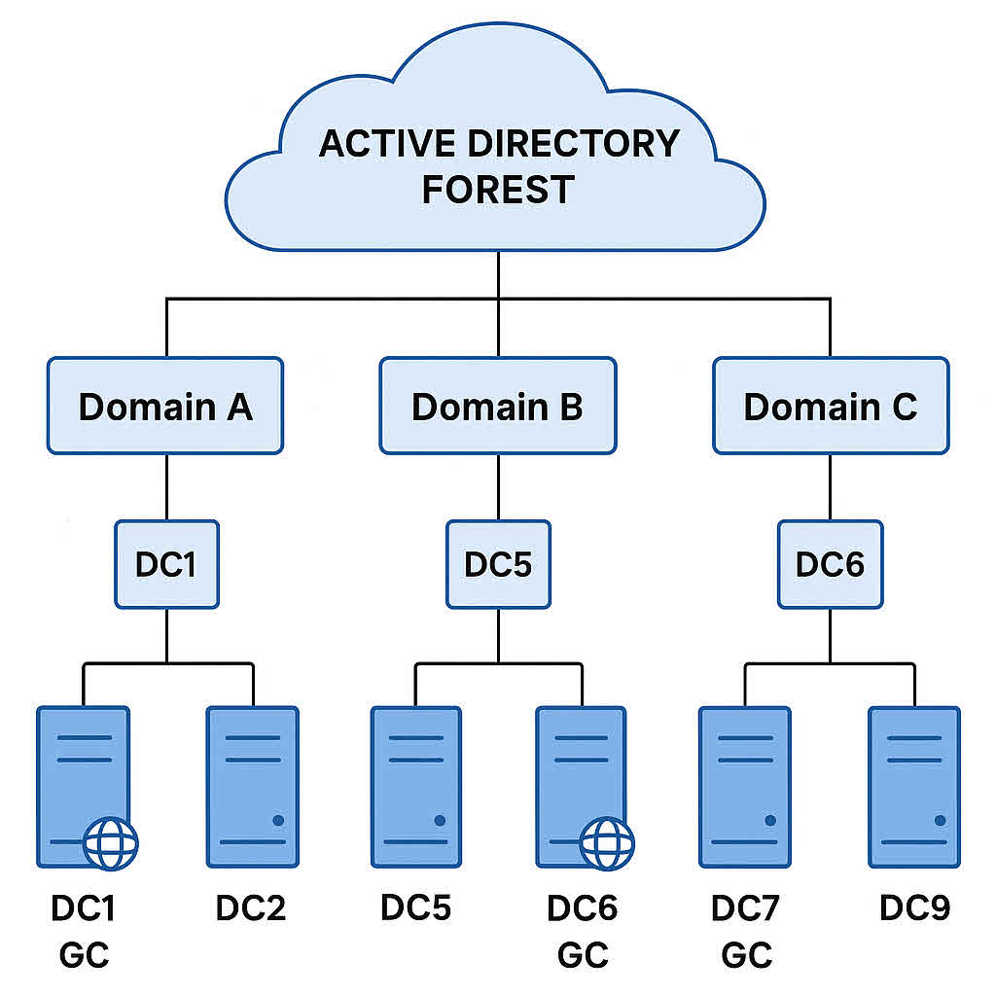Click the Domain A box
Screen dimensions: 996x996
click(x=165, y=406)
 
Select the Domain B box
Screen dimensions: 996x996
click(x=497, y=406)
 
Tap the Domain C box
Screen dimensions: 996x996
click(x=830, y=406)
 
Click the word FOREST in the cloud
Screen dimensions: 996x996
click(x=497, y=188)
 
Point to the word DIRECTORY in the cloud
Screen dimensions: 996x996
click(x=574, y=143)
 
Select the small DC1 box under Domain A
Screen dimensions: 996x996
click(x=166, y=564)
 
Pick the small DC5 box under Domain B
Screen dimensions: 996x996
click(x=498, y=564)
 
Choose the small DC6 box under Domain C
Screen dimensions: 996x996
click(x=830, y=564)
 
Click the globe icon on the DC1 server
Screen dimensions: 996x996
click(x=111, y=842)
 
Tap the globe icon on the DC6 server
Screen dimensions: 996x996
click(x=607, y=842)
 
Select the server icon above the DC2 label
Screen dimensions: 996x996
click(x=252, y=786)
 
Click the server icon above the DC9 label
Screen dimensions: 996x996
click(x=913, y=786)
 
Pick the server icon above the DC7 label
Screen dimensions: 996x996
click(x=745, y=786)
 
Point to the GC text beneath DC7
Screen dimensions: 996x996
click(x=746, y=955)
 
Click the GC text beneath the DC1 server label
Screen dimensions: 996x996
click(x=84, y=955)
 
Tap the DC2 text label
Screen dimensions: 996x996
click(x=251, y=908)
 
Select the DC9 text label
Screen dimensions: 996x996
click(x=914, y=908)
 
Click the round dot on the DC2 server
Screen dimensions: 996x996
click(x=278, y=821)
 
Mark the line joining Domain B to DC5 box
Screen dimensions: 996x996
click(x=498, y=486)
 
